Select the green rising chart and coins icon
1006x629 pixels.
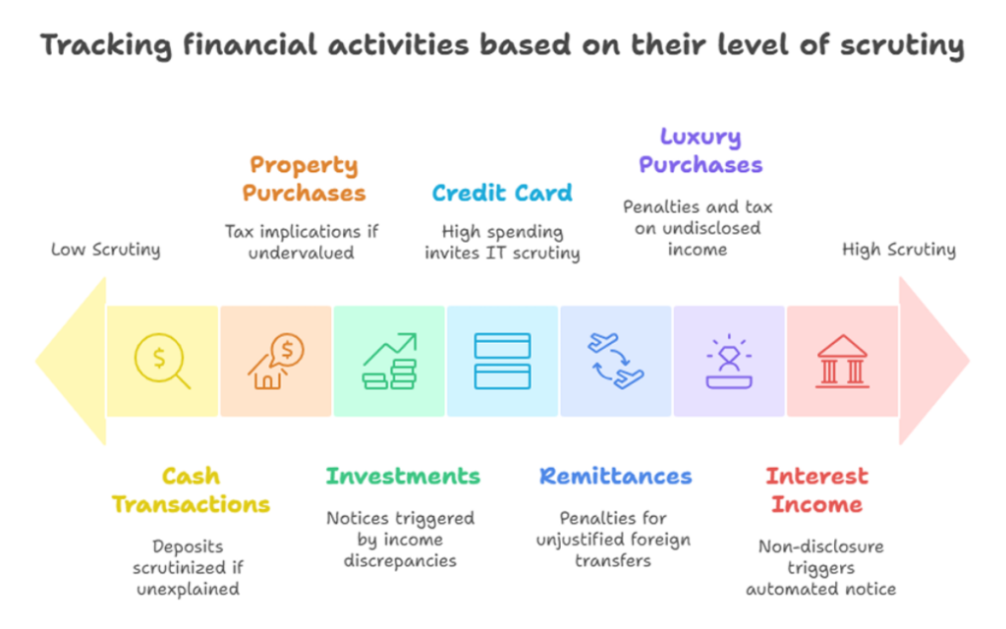(389, 362)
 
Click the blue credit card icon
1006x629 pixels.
(502, 361)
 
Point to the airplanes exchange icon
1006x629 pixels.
(616, 361)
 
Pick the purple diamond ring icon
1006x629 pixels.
(729, 362)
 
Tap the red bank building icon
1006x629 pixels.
(842, 362)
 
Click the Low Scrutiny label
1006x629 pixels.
(106, 250)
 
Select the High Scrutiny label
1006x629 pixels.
(899, 250)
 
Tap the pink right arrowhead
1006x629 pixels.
(930, 361)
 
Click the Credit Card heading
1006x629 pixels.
(502, 193)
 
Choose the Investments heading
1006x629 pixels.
(403, 477)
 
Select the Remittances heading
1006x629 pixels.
(616, 477)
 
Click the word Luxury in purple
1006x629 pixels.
(700, 138)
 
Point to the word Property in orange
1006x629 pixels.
(305, 165)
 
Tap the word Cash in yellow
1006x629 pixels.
(192, 477)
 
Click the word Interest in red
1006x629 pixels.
(816, 477)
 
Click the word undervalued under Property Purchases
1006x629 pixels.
(301, 253)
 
